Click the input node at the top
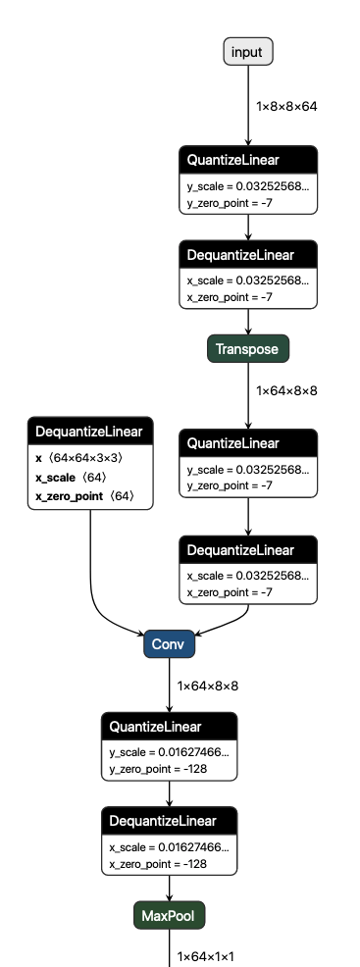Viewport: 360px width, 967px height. click(x=248, y=52)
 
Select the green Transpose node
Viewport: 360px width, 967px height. click(x=248, y=348)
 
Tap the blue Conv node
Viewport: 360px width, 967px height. click(x=170, y=645)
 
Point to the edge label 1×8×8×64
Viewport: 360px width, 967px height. click(x=287, y=105)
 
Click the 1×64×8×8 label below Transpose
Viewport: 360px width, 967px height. click(x=287, y=390)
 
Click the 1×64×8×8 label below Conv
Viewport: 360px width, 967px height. click(x=208, y=686)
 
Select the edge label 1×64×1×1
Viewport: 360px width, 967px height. click(x=208, y=955)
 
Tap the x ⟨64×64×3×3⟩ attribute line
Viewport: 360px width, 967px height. click(x=78, y=458)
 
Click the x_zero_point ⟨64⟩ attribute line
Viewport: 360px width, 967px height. click(x=83, y=497)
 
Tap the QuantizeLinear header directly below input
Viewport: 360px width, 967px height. click(x=248, y=159)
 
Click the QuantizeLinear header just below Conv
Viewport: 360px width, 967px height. click(x=170, y=727)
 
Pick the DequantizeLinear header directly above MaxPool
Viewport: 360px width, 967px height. click(x=170, y=821)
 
